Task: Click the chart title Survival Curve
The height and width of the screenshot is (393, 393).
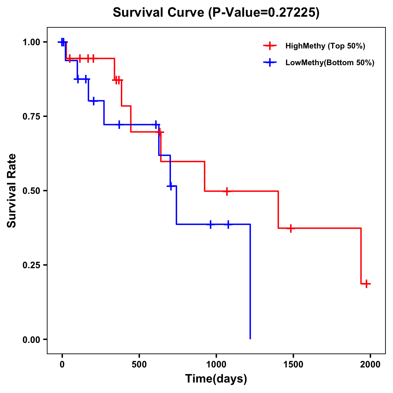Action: (x=216, y=12)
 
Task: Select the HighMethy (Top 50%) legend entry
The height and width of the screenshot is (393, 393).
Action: (x=325, y=46)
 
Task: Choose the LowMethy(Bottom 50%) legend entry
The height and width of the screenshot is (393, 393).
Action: (x=329, y=63)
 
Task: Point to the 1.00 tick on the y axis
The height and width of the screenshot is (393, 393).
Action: (x=31, y=42)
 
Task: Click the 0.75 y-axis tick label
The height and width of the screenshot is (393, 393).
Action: (x=31, y=117)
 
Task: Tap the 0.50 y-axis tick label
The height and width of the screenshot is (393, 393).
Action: (x=31, y=191)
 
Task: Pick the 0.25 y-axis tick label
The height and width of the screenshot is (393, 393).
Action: (x=31, y=265)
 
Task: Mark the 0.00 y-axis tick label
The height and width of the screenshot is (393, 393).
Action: (x=31, y=340)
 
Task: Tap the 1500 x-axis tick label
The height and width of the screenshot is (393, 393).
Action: (x=293, y=364)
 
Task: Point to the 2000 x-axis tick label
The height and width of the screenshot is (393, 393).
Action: (x=370, y=364)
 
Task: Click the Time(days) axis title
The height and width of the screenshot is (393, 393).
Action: (x=216, y=379)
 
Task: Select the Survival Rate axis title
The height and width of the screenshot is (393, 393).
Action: (x=12, y=190)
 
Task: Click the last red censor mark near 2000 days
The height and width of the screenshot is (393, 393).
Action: (x=367, y=284)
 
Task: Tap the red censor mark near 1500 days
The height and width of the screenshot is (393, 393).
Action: (x=290, y=228)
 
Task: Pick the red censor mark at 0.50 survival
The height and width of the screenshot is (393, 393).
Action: (x=226, y=191)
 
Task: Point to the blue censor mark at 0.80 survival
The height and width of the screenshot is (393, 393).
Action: (x=94, y=101)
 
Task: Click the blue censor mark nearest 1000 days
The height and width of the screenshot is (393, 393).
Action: (x=211, y=224)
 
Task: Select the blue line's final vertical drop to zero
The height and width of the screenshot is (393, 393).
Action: (x=250, y=282)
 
